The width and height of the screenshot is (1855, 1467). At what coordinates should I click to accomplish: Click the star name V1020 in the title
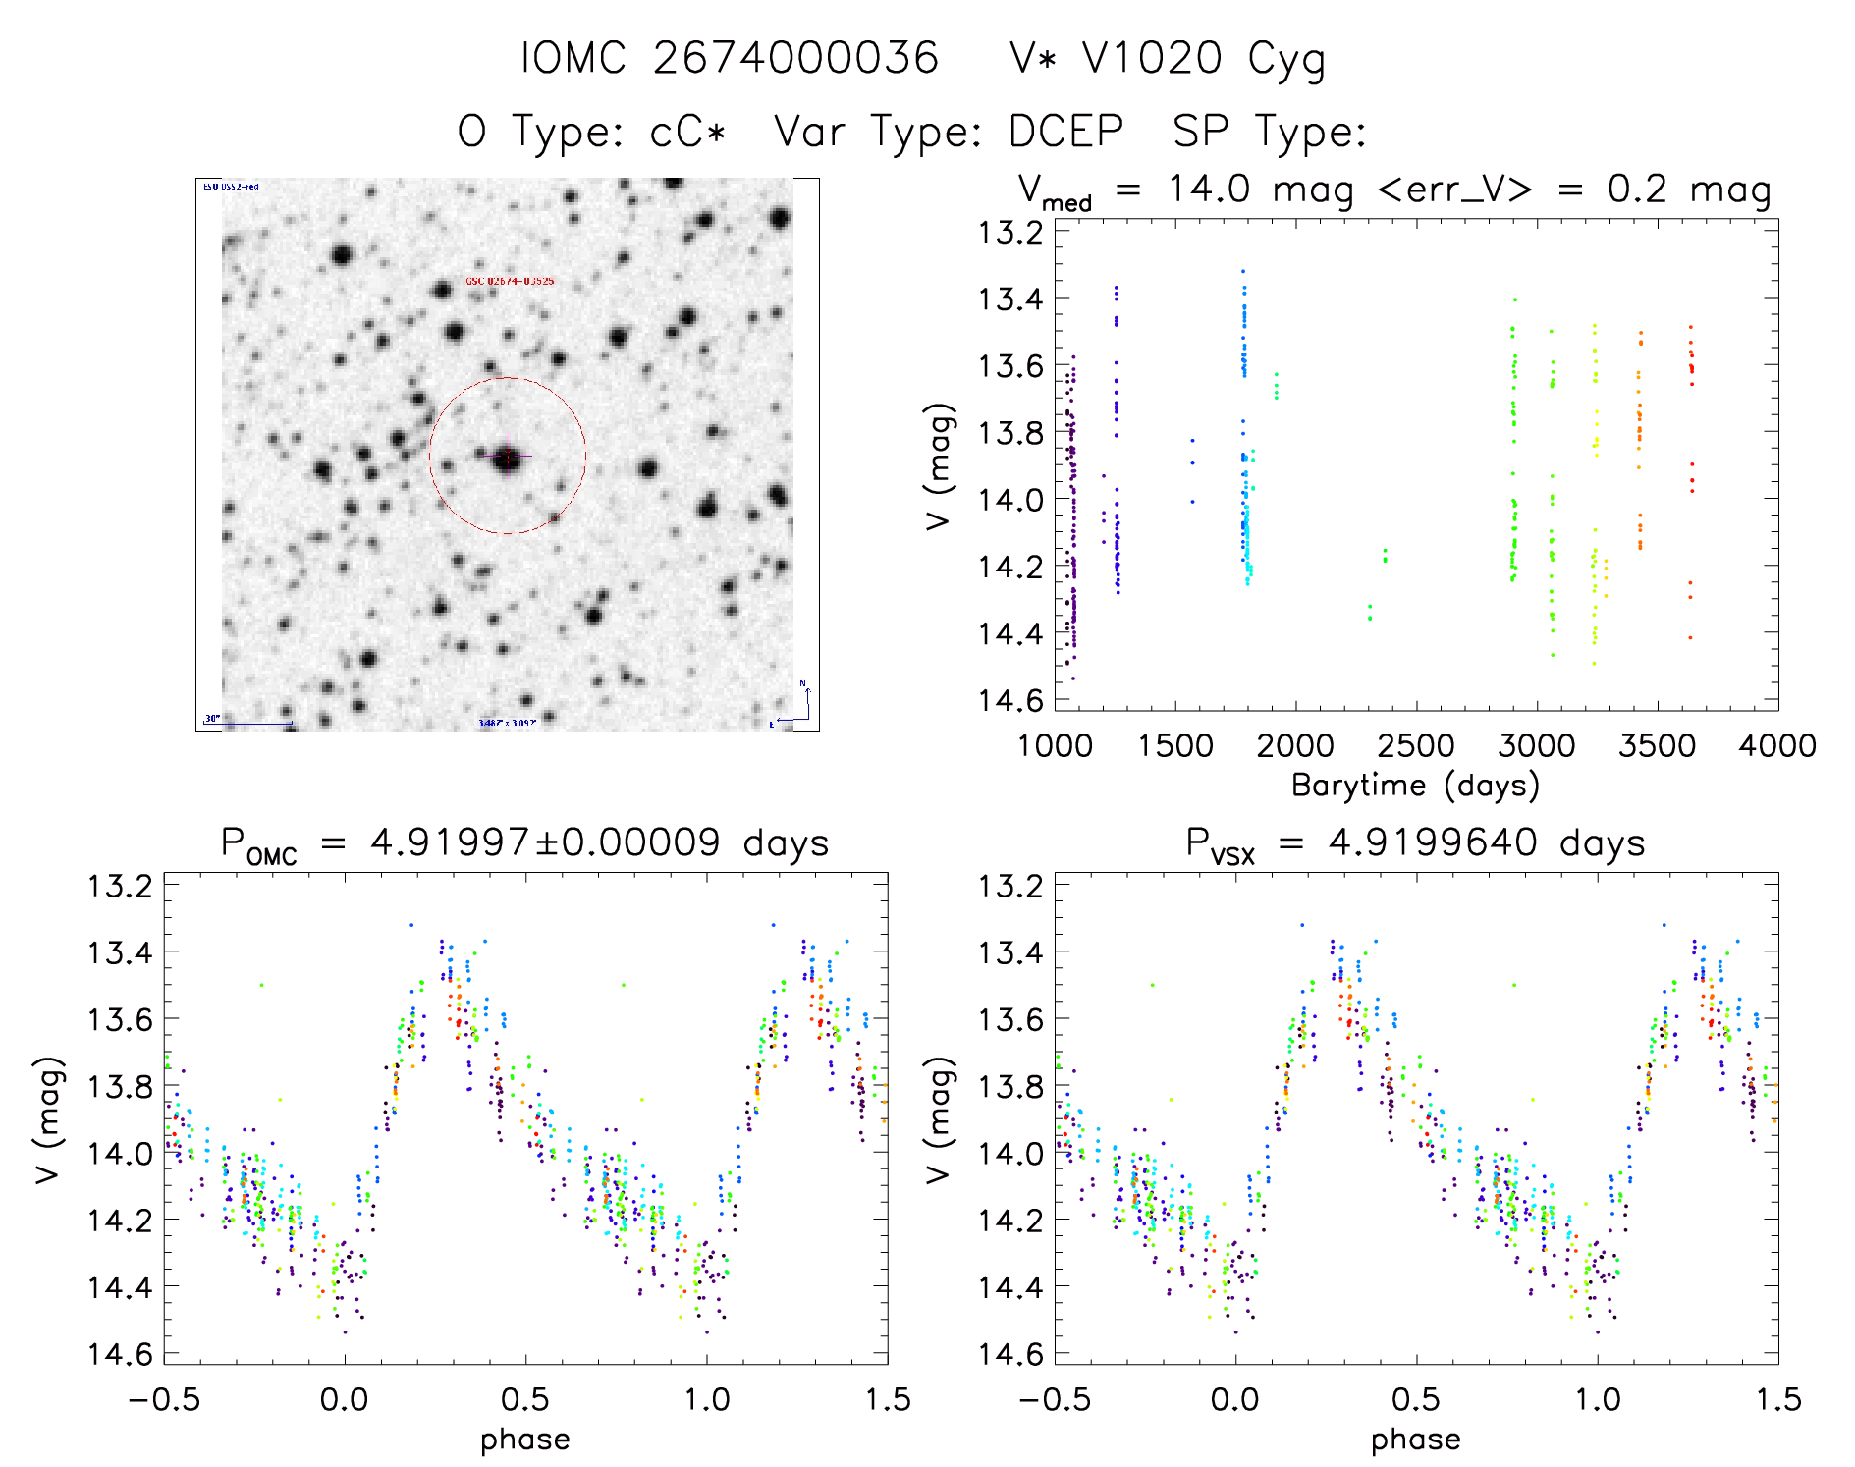point(1152,58)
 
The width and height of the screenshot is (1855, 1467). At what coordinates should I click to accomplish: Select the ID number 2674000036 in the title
point(795,58)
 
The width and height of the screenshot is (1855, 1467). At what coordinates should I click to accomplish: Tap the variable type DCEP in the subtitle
point(1065,132)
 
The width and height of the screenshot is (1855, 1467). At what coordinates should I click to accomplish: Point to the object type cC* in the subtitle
point(687,132)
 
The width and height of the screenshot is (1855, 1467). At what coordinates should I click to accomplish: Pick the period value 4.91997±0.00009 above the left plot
point(545,842)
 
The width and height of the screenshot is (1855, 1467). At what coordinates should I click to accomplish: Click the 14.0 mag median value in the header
point(1210,189)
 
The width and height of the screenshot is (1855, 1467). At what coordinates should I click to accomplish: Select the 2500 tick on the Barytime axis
point(1416,745)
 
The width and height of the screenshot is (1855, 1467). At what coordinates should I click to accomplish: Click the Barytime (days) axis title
point(1415,785)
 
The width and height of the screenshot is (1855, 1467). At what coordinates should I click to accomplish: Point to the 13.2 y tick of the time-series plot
point(1010,233)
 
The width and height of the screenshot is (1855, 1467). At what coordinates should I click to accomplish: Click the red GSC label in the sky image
point(510,282)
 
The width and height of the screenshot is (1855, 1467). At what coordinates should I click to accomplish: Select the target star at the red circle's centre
point(507,457)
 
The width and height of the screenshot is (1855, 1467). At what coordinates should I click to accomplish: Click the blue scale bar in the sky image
point(256,724)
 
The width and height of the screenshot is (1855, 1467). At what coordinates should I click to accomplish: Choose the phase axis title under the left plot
point(525,1440)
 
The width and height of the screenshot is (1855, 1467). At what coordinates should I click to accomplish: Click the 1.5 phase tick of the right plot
point(1777,1399)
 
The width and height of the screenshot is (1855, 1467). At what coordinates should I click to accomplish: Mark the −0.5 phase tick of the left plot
point(164,1399)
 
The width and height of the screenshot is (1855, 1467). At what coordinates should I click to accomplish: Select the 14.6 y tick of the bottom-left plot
point(121,1354)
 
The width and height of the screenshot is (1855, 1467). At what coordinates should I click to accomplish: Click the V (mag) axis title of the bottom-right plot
point(940,1120)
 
